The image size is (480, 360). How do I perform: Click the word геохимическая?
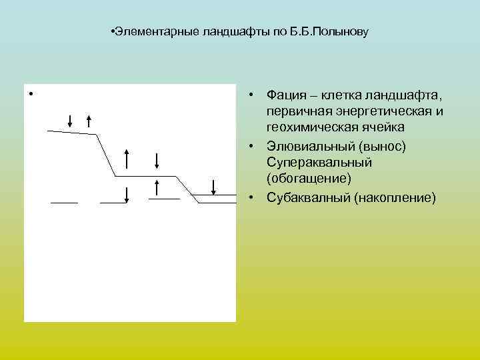click(310, 127)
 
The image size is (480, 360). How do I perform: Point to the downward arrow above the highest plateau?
click(71, 120)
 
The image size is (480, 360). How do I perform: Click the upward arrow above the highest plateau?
click(89, 121)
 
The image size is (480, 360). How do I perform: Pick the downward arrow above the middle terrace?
click(156, 161)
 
